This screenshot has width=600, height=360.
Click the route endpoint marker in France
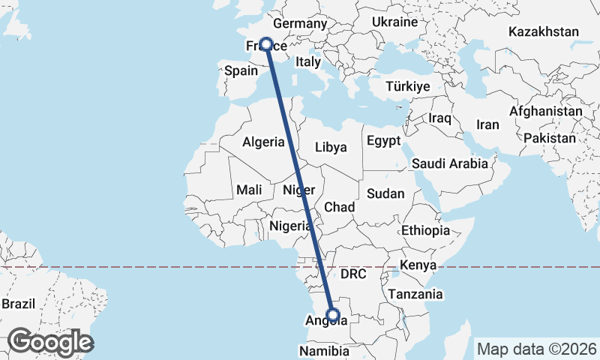pos(265,44)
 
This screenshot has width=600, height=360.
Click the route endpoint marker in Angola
pos(334,315)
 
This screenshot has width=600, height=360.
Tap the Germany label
pos(305,24)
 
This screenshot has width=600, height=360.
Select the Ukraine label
pos(394,22)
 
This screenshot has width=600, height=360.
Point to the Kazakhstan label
pos(544,31)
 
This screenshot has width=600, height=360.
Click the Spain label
pos(241,71)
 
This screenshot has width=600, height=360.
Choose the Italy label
pos(308,61)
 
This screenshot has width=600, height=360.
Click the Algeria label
pos(263,142)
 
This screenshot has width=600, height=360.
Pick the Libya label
pos(331,147)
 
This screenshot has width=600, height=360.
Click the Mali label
pos(249,190)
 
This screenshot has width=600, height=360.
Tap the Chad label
pos(339,207)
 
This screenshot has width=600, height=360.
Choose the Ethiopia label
pos(425,230)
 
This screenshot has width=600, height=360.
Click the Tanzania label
pos(415,294)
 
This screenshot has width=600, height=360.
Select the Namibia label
pos(324,351)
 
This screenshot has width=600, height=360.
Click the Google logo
pos(50,342)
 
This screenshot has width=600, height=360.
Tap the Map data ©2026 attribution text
pos(537,349)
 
